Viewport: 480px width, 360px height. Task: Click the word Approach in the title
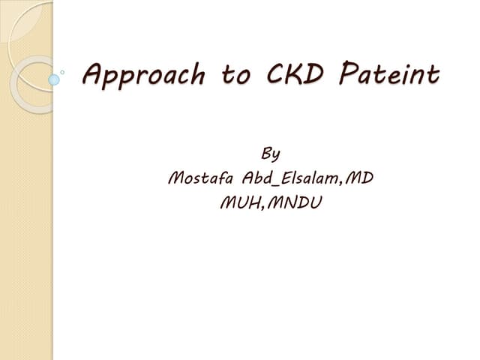142,75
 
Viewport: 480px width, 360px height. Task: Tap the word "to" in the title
236,75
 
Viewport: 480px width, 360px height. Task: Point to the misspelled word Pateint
388,74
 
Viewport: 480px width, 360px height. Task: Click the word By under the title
270,155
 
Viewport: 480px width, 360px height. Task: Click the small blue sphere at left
54,78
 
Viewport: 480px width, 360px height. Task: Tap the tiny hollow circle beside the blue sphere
63,73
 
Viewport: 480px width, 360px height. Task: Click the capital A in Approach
94,74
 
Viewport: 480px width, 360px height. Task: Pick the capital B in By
265,154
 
